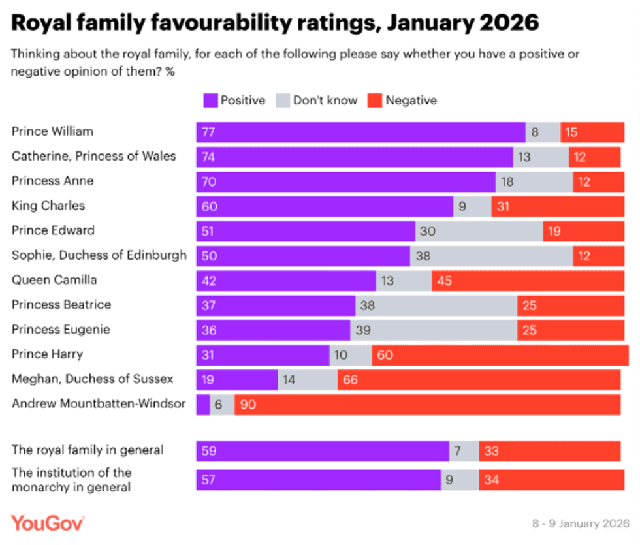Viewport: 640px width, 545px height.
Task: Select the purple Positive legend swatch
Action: tap(210, 101)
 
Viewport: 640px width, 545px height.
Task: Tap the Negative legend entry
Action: tap(403, 101)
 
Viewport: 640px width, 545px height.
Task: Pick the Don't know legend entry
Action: tap(317, 101)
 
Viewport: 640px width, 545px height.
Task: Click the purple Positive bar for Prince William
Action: tap(360, 132)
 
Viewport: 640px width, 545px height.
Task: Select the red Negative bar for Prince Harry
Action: tap(500, 354)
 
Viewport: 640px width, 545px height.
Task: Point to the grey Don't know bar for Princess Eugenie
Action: tap(434, 330)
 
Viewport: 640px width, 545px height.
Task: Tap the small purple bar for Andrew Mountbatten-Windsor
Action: tap(203, 404)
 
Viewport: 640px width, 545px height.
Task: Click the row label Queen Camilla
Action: tap(54, 279)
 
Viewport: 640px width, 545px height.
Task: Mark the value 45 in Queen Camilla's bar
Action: tap(444, 281)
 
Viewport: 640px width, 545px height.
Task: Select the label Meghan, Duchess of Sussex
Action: tap(92, 379)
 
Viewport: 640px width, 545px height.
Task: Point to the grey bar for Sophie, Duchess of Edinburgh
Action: tap(491, 256)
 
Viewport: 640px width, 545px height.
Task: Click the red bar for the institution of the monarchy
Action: tap(549, 480)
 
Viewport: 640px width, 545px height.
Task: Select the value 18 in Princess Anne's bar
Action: tap(507, 181)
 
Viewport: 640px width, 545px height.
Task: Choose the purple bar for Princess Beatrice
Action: tap(276, 305)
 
